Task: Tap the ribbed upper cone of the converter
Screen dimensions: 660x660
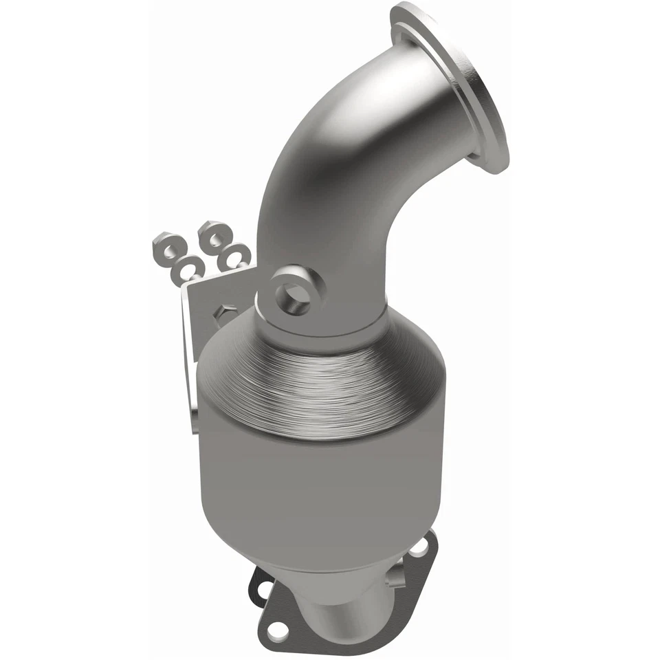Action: pyautogui.click(x=323, y=385)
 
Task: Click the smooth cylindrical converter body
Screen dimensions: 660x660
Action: pyautogui.click(x=316, y=481)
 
